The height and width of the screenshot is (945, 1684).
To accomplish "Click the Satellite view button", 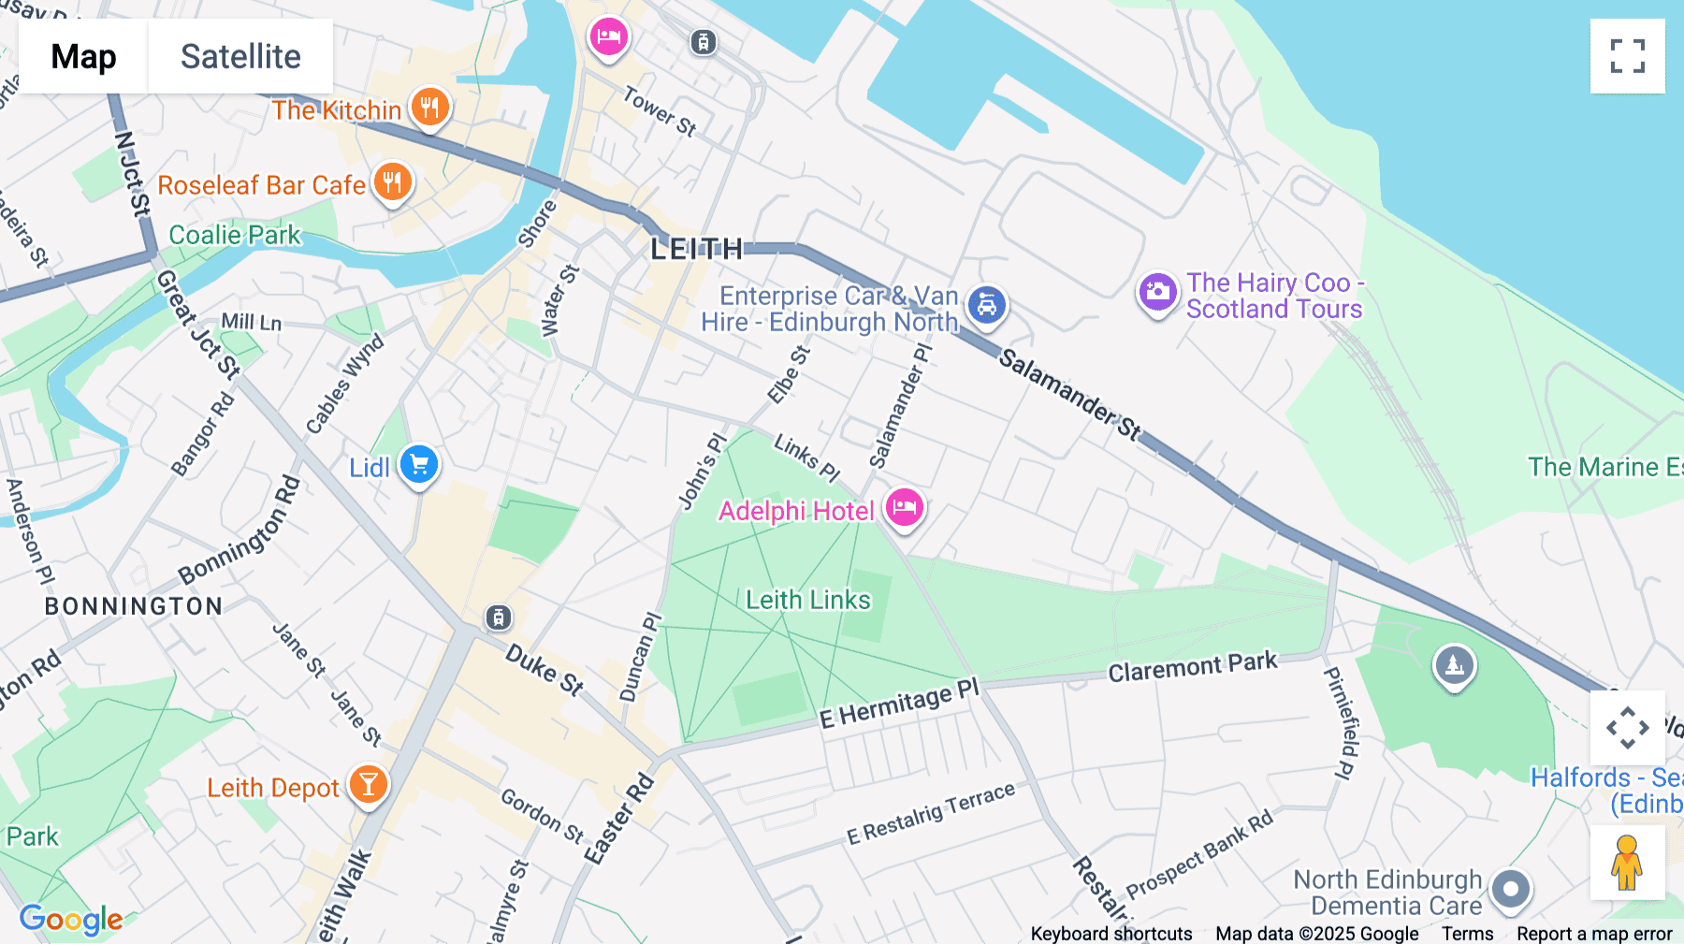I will click(x=240, y=56).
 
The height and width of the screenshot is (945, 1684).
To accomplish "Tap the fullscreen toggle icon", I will click(x=1627, y=56).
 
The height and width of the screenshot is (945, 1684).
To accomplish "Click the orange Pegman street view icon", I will click(x=1627, y=863).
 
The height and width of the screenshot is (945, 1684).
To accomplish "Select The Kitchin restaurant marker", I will click(x=429, y=108).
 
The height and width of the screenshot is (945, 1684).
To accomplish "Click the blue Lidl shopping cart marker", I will click(x=419, y=464).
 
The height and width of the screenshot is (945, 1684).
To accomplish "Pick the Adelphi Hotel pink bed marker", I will click(x=904, y=508).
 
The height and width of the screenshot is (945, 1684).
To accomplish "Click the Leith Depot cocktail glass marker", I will click(x=368, y=784).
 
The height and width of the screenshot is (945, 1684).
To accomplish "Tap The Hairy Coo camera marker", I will click(x=1157, y=292).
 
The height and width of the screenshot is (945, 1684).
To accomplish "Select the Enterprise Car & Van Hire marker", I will click(x=986, y=305).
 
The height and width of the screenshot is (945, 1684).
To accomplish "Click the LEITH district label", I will click(x=697, y=249).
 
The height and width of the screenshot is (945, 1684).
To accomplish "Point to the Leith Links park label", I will click(x=807, y=600).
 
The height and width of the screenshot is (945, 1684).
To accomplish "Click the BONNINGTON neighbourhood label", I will click(x=134, y=606).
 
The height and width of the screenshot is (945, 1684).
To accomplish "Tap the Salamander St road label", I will click(x=1069, y=394).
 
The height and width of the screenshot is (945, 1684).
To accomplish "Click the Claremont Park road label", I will click(x=1192, y=667).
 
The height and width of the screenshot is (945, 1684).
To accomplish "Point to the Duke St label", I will click(x=544, y=670).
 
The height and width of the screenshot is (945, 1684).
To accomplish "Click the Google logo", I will click(x=71, y=920).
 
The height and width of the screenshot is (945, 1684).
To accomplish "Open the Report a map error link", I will click(x=1594, y=934).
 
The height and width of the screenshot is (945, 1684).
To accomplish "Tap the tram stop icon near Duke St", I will click(x=499, y=618).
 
